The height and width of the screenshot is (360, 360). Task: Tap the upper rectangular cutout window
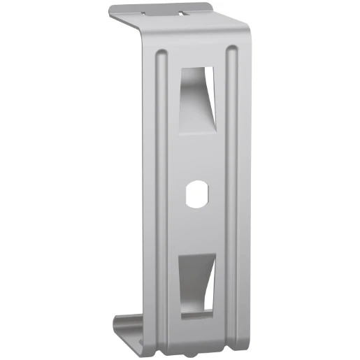[x=196, y=101]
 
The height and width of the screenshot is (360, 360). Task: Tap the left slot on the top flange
[x=145, y=12]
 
